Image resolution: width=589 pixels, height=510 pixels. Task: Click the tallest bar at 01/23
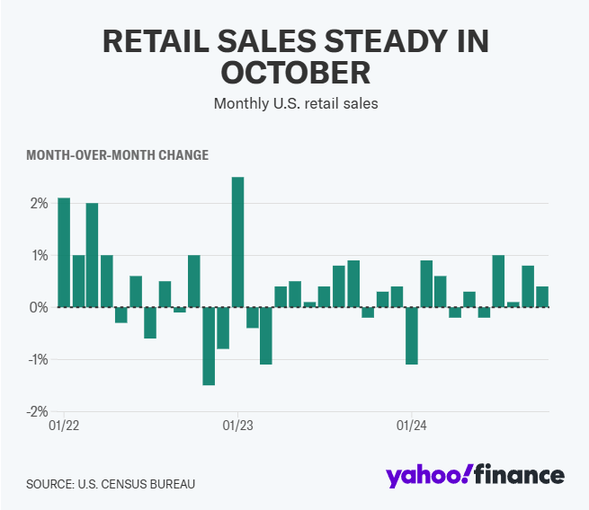click(x=237, y=242)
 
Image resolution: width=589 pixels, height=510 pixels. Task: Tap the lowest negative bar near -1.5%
click(x=209, y=346)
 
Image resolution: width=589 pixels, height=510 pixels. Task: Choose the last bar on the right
click(x=542, y=296)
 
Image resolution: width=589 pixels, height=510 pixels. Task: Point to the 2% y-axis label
click(x=37, y=204)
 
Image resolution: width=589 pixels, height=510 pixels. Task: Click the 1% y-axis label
click(x=37, y=256)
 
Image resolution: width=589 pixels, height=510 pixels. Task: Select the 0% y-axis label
click(x=37, y=308)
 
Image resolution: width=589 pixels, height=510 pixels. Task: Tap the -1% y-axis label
click(x=35, y=360)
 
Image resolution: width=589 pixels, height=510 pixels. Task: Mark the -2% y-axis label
click(x=35, y=411)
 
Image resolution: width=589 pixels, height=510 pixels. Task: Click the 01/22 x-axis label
click(x=64, y=426)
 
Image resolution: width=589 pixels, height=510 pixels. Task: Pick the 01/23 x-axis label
click(x=237, y=426)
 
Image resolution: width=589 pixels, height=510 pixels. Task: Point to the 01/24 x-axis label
click(x=412, y=426)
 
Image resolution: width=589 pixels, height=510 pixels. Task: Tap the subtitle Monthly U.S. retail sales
click(x=295, y=103)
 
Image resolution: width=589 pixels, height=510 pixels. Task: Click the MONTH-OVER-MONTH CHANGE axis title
click(x=117, y=155)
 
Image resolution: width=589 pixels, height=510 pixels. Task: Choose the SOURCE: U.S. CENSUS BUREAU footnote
click(x=110, y=484)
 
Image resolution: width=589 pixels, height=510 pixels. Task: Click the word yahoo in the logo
click(x=424, y=476)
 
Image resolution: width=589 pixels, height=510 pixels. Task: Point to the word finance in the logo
click(x=519, y=475)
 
